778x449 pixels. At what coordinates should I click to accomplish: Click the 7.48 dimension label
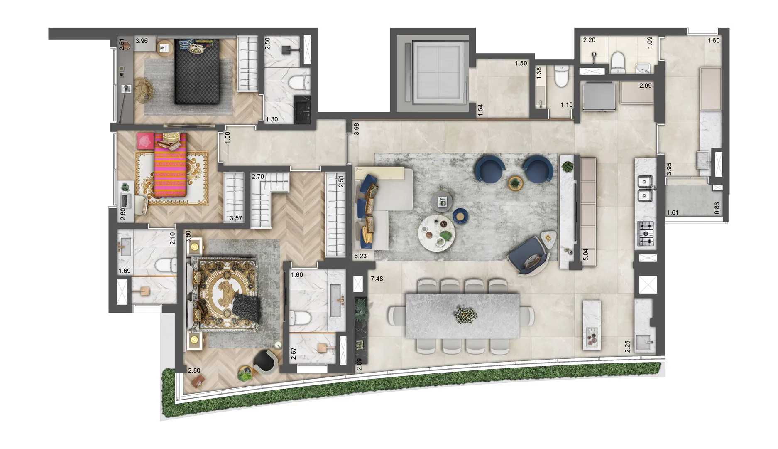(377, 279)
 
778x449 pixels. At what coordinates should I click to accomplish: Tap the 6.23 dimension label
(360, 256)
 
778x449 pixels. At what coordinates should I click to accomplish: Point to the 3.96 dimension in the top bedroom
(142, 41)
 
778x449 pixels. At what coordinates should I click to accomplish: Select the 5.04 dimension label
(585, 254)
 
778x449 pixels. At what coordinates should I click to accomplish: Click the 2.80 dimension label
(194, 370)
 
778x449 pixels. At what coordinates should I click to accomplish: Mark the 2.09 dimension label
(645, 86)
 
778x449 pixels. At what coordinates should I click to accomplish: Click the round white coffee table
(436, 233)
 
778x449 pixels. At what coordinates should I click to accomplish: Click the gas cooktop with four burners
(646, 234)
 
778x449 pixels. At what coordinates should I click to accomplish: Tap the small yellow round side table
(516, 183)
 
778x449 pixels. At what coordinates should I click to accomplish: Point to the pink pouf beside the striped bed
(144, 141)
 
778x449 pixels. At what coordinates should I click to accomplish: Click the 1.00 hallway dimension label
(227, 138)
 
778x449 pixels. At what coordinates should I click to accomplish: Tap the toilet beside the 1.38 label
(561, 77)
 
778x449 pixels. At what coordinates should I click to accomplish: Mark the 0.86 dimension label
(717, 208)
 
